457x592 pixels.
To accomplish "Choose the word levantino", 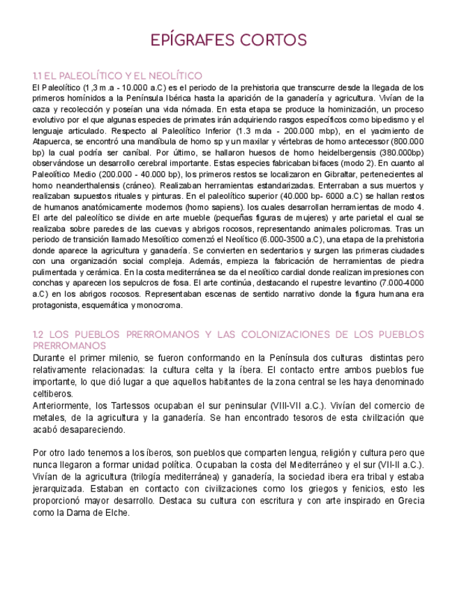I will point(346,283).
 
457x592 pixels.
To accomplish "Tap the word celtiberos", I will point(54,394).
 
